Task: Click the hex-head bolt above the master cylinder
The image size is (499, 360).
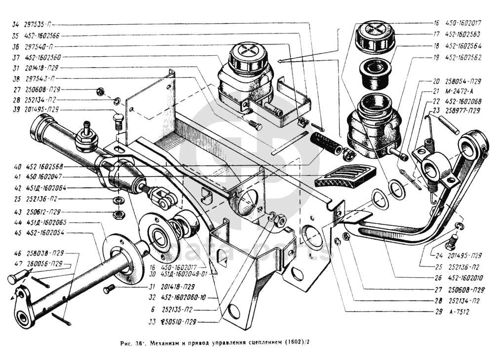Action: pos(118,120)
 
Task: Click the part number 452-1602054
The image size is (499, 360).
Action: pos(47,232)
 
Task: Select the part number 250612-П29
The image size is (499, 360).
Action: pos(46,213)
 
